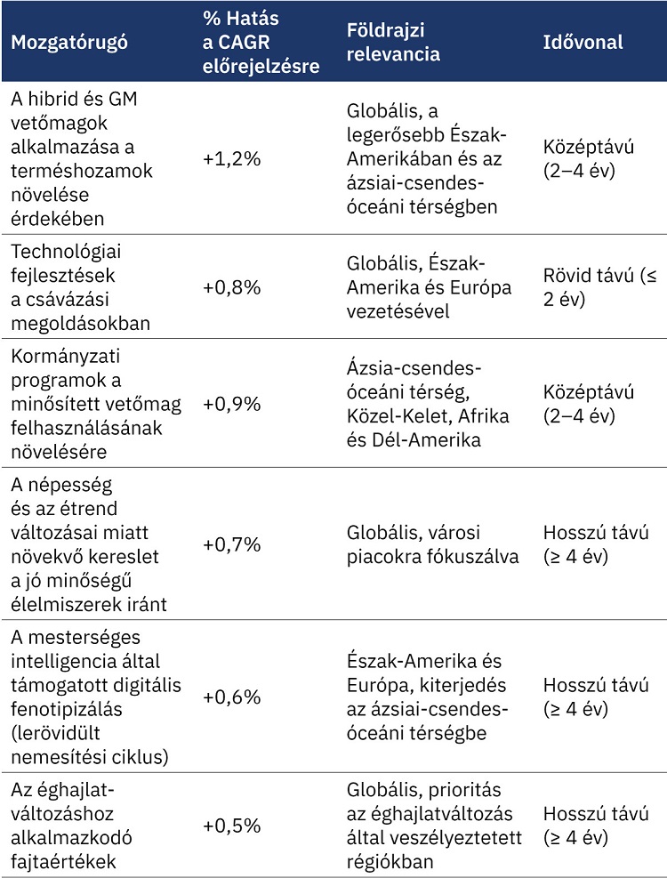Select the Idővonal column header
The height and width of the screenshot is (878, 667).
click(583, 42)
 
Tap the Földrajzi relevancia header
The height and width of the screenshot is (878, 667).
click(393, 42)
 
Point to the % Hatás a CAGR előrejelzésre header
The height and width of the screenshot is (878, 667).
click(260, 42)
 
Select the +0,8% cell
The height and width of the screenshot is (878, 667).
click(231, 287)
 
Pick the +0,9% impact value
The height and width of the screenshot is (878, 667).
click(231, 404)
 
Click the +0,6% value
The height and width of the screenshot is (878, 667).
click(231, 697)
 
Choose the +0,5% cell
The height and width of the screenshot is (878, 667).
click(231, 825)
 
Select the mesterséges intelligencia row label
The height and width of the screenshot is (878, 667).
click(93, 697)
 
